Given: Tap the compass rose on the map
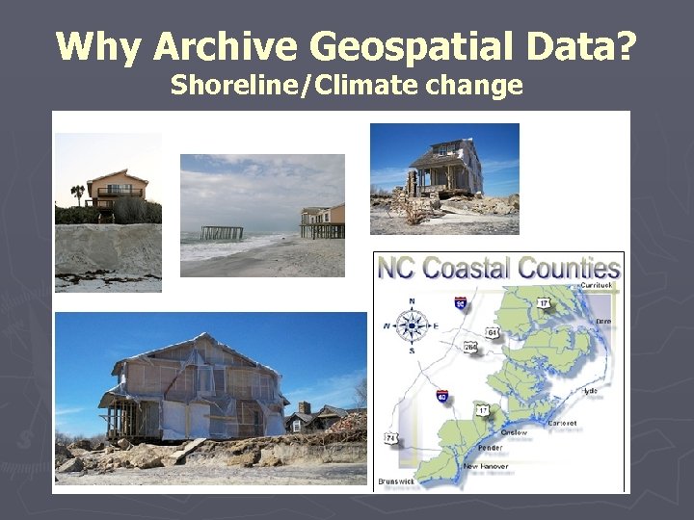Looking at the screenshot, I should (x=413, y=325).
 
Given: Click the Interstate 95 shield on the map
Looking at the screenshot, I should (x=460, y=304).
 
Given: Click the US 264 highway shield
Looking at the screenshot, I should (x=469, y=347).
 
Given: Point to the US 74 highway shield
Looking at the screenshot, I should (x=390, y=438).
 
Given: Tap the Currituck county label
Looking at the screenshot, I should (x=597, y=286).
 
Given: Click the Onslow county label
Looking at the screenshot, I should (x=515, y=433).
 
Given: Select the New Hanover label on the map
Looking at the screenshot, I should (x=487, y=466).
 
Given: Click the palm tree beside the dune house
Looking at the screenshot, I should (x=77, y=193).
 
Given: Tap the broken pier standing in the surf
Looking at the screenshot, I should (x=222, y=232).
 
